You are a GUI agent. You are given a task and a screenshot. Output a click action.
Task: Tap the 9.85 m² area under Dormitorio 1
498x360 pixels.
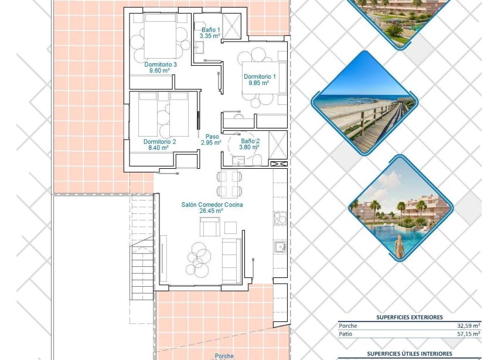pos(258,83)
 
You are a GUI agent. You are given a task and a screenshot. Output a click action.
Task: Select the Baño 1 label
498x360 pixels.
pos(210,29)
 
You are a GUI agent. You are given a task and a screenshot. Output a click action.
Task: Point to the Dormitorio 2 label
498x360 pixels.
pos(159,141)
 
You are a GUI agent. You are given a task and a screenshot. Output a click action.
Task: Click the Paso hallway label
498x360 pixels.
pos(212,136)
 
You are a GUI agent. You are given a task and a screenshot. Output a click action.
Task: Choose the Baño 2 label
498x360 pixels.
pos(250,141)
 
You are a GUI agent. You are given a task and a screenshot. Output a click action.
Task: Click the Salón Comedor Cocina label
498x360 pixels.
pos(212,205)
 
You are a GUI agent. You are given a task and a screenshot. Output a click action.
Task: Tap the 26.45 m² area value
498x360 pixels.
pos(212,211)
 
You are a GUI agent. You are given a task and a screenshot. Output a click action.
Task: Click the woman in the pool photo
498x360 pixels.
pos(400,247)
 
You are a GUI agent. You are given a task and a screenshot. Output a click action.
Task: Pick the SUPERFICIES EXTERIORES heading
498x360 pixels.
pos(409,317)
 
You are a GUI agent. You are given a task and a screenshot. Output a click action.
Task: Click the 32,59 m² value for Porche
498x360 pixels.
pos(469,325)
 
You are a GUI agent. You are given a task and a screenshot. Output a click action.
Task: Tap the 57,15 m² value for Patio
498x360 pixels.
pos(469,334)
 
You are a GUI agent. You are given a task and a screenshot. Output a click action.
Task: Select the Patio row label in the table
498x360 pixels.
pos(346,334)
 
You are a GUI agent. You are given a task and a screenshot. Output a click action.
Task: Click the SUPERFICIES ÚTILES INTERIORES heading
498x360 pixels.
pos(409,354)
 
